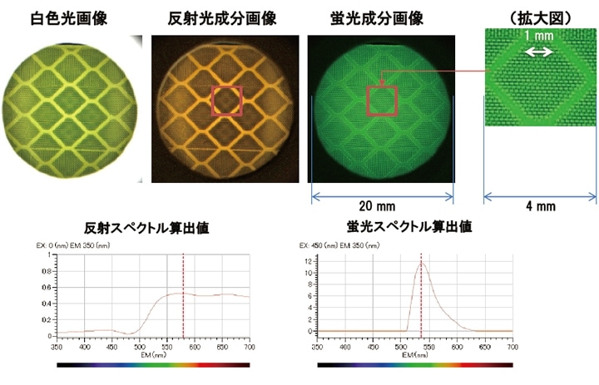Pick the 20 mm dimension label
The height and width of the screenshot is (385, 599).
coord(381,205)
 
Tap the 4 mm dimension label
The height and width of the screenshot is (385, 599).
coord(540,205)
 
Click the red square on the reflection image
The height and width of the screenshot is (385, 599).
coord(227,100)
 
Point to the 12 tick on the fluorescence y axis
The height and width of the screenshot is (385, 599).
coord(308,260)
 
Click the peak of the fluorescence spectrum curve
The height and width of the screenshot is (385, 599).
coord(421,263)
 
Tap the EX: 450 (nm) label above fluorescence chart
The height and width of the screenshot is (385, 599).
coord(319,246)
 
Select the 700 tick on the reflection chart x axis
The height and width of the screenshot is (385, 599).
coord(250,347)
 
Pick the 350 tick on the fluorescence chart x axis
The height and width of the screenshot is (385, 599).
coord(319,347)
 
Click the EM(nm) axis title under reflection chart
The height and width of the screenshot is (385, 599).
coord(153,355)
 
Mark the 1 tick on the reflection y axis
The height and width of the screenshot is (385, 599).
coord(50,253)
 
